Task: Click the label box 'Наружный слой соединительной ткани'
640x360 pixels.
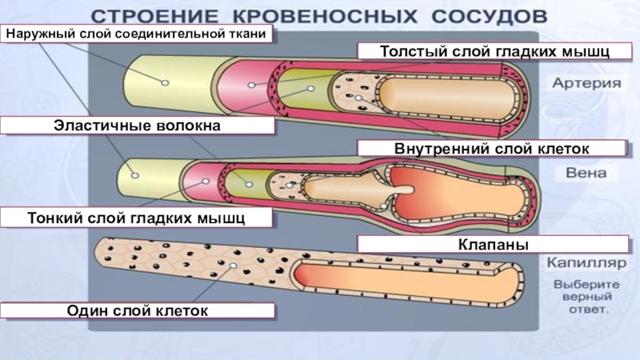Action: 137,34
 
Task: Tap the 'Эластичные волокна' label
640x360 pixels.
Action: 137,125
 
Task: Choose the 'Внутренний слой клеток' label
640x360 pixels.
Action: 491,148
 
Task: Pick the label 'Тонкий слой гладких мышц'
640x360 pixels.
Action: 137,217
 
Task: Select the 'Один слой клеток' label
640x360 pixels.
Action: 137,310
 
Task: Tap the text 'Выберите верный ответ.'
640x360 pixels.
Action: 582,296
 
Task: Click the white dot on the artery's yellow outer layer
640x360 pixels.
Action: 164,82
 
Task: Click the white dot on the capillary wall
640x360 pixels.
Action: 233,265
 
